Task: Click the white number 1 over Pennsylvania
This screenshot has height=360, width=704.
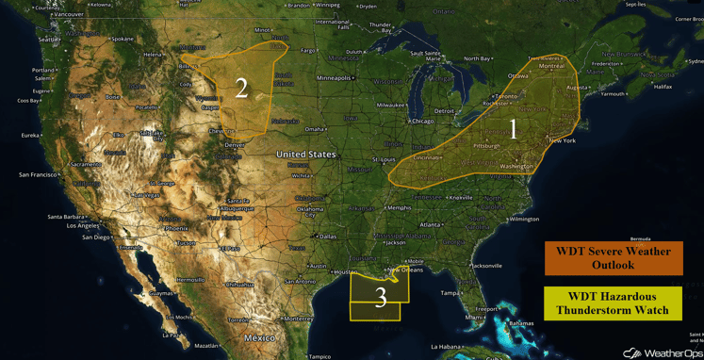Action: (514, 129)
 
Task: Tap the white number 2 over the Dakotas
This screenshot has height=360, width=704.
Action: (241, 89)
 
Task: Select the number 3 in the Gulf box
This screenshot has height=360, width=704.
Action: (381, 298)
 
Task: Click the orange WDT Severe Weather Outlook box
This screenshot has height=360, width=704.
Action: (613, 258)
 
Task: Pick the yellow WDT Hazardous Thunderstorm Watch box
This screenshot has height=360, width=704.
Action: (613, 303)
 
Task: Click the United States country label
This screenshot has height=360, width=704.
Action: (305, 154)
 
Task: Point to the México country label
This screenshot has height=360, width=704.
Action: (259, 337)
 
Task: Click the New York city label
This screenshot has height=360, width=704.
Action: (562, 140)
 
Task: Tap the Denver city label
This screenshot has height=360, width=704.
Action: (235, 145)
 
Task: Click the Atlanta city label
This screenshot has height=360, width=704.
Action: (431, 224)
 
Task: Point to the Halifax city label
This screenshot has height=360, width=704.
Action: (663, 86)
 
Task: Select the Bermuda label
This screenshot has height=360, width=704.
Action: (641, 239)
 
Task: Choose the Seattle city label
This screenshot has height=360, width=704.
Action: (47, 39)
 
